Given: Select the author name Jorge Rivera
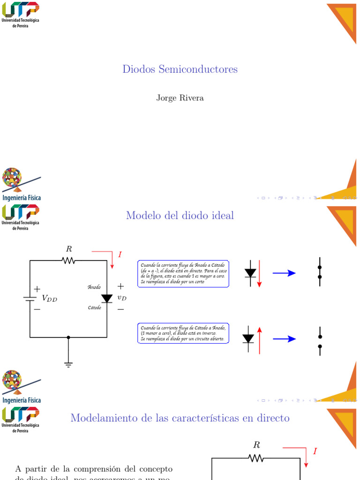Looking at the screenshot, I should (180, 98).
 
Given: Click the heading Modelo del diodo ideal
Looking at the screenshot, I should (180, 216).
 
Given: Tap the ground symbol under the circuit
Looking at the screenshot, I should (68, 364).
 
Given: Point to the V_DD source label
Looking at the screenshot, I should (49, 298).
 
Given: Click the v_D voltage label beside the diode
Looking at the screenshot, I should (121, 298).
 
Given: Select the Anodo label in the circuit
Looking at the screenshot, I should (94, 287).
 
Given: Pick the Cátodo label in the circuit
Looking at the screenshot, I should (94, 308).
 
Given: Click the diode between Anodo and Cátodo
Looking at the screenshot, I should (107, 298).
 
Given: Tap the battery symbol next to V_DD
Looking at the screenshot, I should (30, 298).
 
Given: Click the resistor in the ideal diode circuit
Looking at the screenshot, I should (68, 260).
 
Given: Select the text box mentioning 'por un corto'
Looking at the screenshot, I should (183, 274).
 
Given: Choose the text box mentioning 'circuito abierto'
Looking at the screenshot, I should (183, 333).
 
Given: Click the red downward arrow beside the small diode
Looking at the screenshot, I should (259, 274).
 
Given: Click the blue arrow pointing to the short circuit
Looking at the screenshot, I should (284, 273).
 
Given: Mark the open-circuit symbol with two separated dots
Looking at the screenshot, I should (320, 341).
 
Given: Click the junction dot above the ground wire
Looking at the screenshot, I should (68, 337).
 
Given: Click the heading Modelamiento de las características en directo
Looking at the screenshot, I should (180, 418).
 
